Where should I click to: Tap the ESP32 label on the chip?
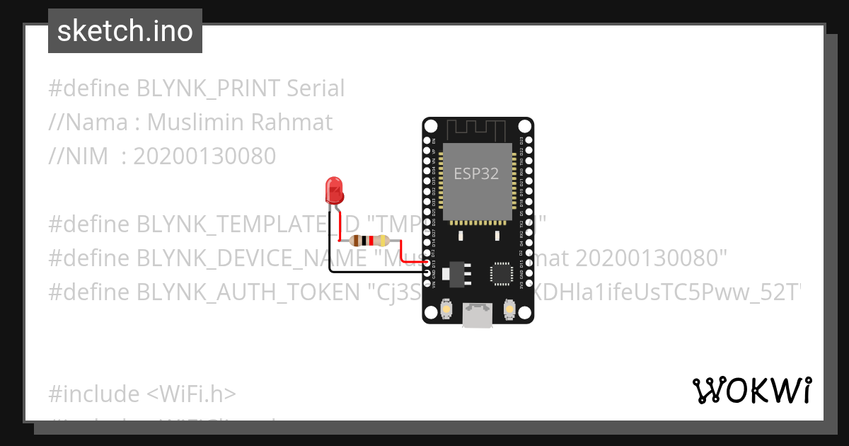[476, 174]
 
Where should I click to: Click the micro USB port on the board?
[478, 315]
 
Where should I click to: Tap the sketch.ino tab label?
[125, 31]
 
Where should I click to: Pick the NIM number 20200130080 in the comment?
[204, 156]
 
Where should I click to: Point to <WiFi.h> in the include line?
[192, 394]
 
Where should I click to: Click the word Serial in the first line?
[316, 88]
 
